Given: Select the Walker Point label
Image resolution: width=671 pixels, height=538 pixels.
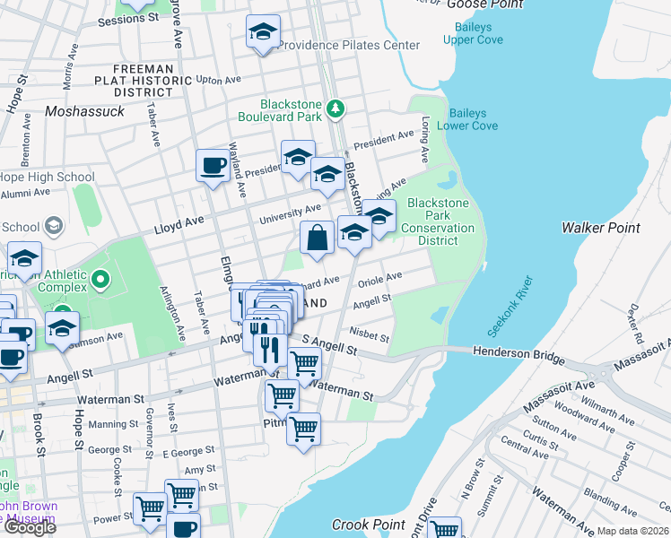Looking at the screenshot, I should pyautogui.click(x=601, y=228).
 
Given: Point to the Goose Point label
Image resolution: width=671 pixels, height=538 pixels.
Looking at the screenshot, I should pyautogui.click(x=484, y=4).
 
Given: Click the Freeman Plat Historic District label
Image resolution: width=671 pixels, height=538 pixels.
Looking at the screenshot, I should pyautogui.click(x=152, y=80).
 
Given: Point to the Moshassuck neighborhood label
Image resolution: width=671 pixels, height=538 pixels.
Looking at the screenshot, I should pyautogui.click(x=83, y=112).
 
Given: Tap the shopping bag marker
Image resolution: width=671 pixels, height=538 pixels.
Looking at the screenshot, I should pyautogui.click(x=318, y=239).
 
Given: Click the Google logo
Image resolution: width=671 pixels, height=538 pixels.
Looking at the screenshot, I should pyautogui.click(x=29, y=527).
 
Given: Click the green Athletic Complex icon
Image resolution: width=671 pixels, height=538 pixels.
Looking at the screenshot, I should pyautogui.click(x=100, y=281).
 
